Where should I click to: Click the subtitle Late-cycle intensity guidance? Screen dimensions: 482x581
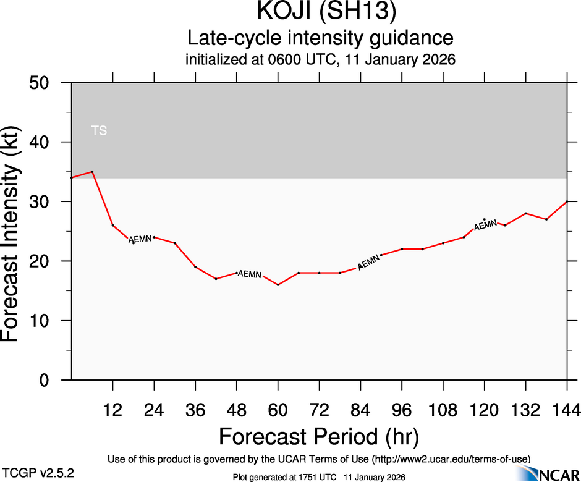coord(320,38)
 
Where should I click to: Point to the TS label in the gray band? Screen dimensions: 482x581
coord(99,130)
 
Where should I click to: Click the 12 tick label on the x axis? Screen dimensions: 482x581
coord(112,409)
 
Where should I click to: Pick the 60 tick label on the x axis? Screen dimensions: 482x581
coord(278,409)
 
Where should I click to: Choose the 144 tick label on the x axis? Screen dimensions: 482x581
coord(567,409)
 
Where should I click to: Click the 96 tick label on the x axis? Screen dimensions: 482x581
coord(402,409)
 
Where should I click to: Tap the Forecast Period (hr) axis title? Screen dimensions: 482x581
coord(319,436)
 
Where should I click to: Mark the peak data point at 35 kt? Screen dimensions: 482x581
coord(92,172)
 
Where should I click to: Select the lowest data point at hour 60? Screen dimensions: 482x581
coord(278,285)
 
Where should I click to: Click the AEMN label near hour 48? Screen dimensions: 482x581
coord(250,274)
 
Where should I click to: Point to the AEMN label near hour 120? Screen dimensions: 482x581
coord(485,224)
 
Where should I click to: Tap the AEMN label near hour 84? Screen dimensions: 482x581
coord(368,263)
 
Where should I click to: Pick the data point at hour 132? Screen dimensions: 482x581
coord(525,213)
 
